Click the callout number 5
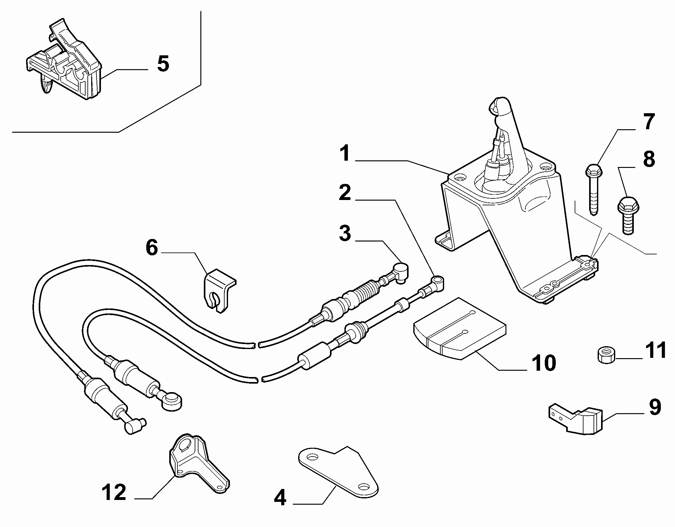point(163,64)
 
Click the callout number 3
point(345,233)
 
